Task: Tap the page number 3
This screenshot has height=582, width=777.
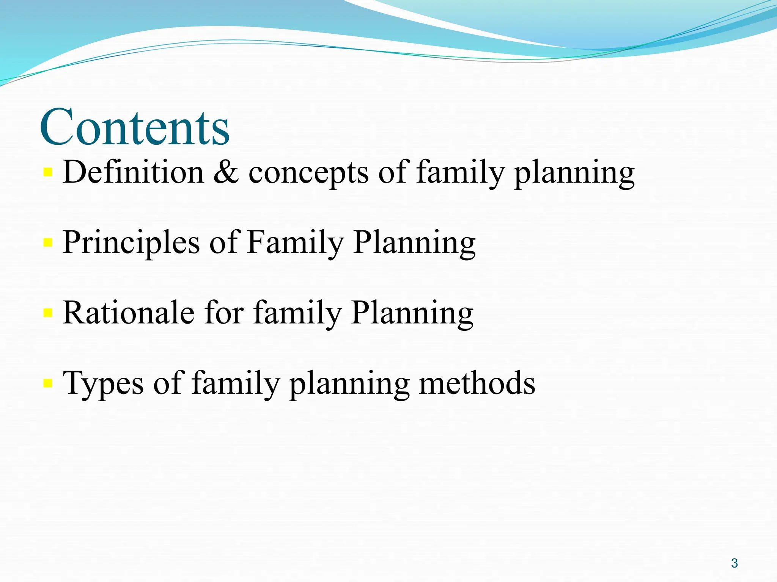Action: point(735,563)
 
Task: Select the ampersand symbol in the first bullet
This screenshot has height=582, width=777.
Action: point(226,172)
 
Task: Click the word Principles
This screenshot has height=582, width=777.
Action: point(131,243)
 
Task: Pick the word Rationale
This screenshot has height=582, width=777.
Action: point(129,313)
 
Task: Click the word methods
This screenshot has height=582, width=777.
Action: point(477,383)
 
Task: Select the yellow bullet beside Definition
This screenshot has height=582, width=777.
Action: point(48,172)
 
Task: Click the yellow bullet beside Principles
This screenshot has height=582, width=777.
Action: point(48,242)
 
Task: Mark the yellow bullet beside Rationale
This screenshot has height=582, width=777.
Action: point(48,313)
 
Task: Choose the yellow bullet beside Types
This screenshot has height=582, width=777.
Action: point(48,383)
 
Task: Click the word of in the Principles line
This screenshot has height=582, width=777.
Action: point(223,243)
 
